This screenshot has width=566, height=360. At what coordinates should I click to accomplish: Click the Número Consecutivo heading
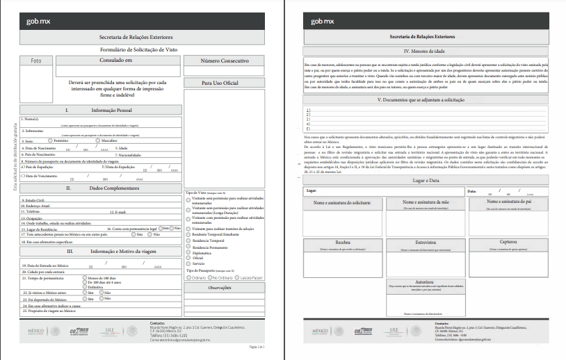(x=225, y=60)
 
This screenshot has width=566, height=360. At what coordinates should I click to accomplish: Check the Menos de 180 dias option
(x=84, y=277)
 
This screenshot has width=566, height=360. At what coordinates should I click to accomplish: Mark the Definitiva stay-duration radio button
(x=84, y=287)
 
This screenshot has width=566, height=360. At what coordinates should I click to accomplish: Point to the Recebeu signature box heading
(x=341, y=243)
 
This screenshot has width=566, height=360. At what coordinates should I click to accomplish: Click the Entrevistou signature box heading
(x=425, y=243)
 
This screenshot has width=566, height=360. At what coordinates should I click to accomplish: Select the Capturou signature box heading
(x=506, y=243)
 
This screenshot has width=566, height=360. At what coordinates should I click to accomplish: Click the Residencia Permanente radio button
(x=187, y=247)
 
